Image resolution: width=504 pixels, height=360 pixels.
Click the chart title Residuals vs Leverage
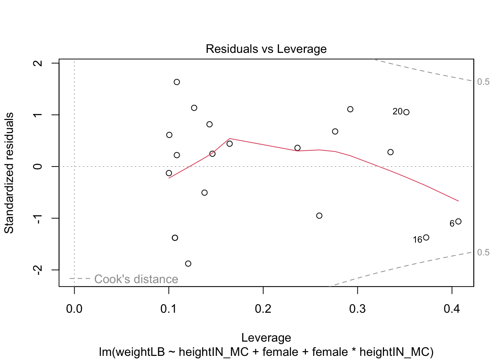[x=266, y=49]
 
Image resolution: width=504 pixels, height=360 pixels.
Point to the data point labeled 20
[x=406, y=112]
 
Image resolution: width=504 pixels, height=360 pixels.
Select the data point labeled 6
[x=458, y=222]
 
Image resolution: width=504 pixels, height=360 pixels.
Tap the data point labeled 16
[x=426, y=237]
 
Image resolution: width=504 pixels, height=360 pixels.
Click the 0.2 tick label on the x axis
[x=263, y=309]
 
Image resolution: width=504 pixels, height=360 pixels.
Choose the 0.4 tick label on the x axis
[x=452, y=309]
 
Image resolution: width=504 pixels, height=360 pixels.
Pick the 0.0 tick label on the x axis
[x=74, y=309]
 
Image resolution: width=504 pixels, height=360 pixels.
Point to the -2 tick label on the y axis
[x=38, y=270]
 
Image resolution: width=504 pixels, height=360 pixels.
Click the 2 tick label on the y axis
[x=38, y=63]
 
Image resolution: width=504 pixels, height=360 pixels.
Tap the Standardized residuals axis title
[x=9, y=173]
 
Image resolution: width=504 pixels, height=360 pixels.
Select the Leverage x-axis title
[x=266, y=337]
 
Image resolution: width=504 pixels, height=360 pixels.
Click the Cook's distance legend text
[x=136, y=279]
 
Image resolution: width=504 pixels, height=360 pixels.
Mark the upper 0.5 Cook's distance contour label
[x=483, y=82]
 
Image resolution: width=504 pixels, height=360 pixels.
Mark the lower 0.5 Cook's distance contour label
[x=483, y=252]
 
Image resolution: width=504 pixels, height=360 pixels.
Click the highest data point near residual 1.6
[x=177, y=82]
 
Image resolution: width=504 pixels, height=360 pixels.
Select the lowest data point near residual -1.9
[x=188, y=264]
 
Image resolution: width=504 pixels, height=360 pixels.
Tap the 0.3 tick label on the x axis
[x=357, y=309]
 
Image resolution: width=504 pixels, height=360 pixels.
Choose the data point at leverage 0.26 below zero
[x=319, y=216]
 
